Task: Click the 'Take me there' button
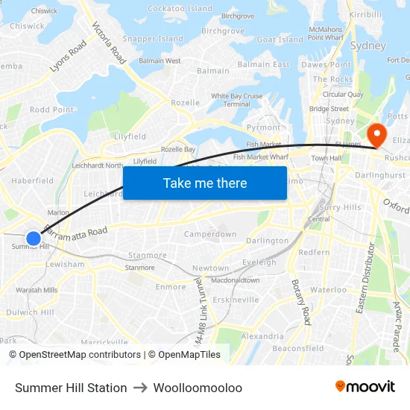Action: click(x=205, y=183)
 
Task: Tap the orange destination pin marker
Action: click(x=377, y=136)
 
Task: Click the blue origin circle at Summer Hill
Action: click(x=34, y=239)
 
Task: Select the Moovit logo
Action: click(x=365, y=387)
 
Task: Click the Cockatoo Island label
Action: click(x=180, y=8)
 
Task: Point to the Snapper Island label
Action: click(x=153, y=39)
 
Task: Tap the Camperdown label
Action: click(x=210, y=234)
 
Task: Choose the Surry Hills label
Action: click(x=339, y=208)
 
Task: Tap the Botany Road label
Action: click(x=300, y=302)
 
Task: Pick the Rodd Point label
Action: click(x=51, y=110)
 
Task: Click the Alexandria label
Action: click(x=262, y=336)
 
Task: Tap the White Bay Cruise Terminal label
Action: click(x=236, y=100)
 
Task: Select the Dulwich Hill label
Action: click(x=30, y=312)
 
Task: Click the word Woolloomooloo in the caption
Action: click(x=198, y=388)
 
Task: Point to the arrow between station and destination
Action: click(x=140, y=388)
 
